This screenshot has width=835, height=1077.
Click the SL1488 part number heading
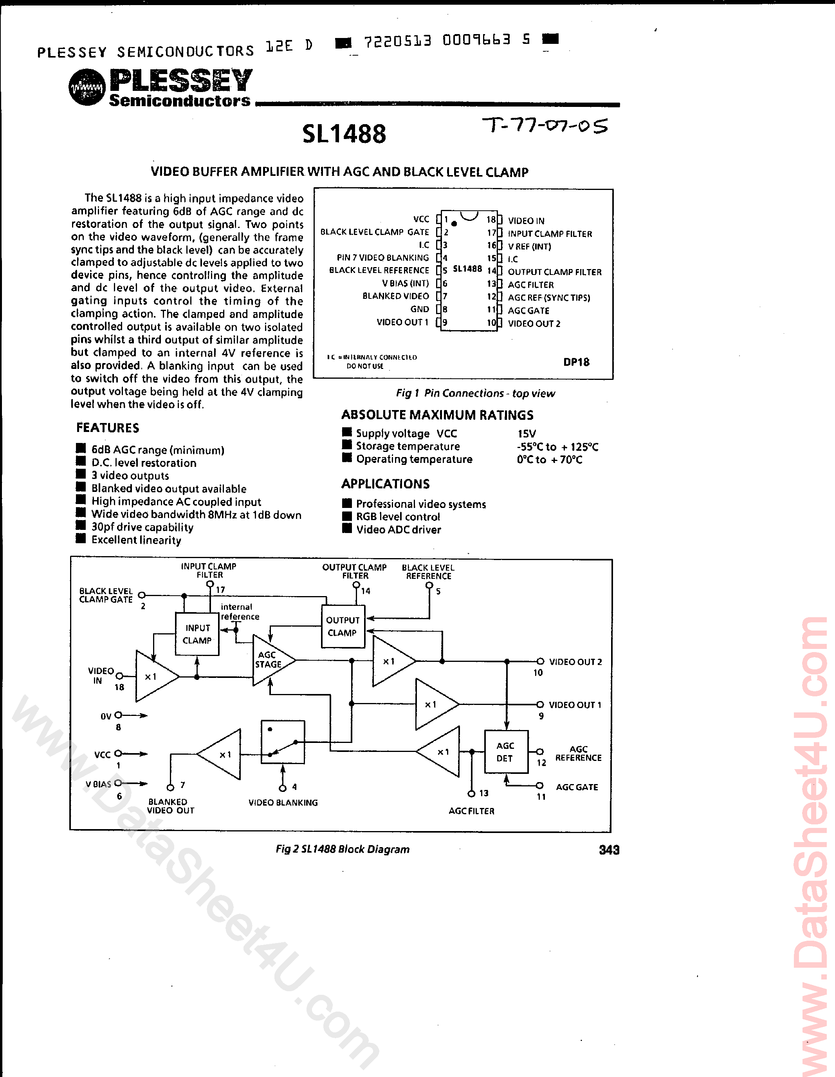pyautogui.click(x=344, y=134)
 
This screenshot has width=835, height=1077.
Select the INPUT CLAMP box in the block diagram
pyautogui.click(x=197, y=634)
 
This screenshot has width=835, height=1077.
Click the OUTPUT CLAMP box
pyautogui.click(x=343, y=626)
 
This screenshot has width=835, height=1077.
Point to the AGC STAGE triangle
pyautogui.click(x=272, y=660)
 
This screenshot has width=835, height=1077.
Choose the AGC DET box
pyautogui.click(x=506, y=752)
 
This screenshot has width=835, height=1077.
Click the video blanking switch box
pyautogui.click(x=282, y=742)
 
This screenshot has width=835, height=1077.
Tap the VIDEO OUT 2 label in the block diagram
pyautogui.click(x=575, y=662)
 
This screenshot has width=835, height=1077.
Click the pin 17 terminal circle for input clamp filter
pyautogui.click(x=210, y=584)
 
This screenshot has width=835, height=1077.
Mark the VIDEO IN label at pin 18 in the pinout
pyautogui.click(x=526, y=221)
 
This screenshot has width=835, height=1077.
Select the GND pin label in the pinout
pyautogui.click(x=420, y=309)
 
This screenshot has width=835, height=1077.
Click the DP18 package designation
pyautogui.click(x=576, y=362)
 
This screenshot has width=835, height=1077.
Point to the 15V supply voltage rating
pyautogui.click(x=527, y=434)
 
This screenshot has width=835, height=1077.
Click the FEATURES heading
pyautogui.click(x=107, y=428)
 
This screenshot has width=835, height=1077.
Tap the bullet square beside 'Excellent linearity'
pyautogui.click(x=81, y=539)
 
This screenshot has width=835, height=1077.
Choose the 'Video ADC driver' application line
pyautogui.click(x=398, y=529)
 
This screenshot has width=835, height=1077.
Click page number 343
pyautogui.click(x=609, y=850)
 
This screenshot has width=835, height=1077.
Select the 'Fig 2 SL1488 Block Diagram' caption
pyautogui.click(x=343, y=849)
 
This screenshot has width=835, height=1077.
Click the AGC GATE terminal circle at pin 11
pyautogui.click(x=540, y=786)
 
